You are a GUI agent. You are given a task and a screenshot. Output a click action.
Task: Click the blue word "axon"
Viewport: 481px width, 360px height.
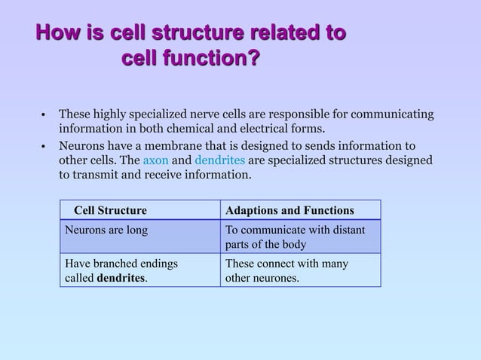coord(155,160)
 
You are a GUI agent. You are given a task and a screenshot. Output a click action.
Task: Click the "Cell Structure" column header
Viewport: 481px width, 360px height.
coord(110,210)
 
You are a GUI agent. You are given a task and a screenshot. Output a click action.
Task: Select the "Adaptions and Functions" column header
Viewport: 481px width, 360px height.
coord(290,210)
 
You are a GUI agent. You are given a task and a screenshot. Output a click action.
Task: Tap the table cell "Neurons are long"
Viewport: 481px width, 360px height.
coord(106,230)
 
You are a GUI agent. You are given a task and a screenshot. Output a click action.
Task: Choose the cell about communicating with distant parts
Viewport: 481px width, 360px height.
coord(296,236)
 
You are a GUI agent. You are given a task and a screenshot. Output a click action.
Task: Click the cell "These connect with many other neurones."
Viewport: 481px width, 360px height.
coord(287,270)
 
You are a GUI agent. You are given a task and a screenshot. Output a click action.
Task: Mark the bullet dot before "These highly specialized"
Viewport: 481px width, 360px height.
coord(44,115)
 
